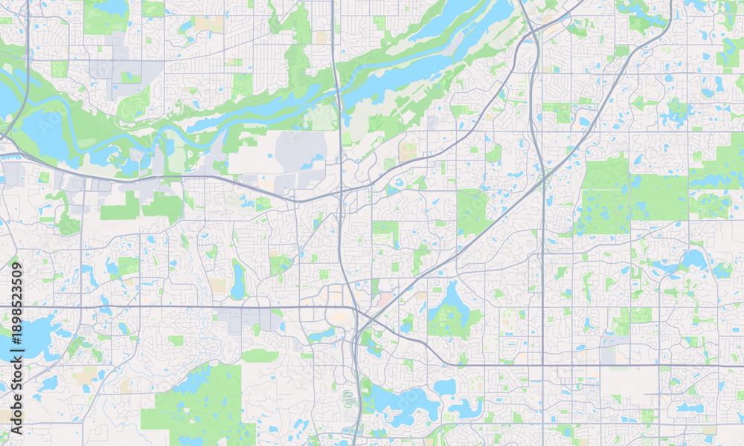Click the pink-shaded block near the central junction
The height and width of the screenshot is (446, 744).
(385, 300)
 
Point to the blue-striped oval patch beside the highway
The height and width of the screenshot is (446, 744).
(348, 397)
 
